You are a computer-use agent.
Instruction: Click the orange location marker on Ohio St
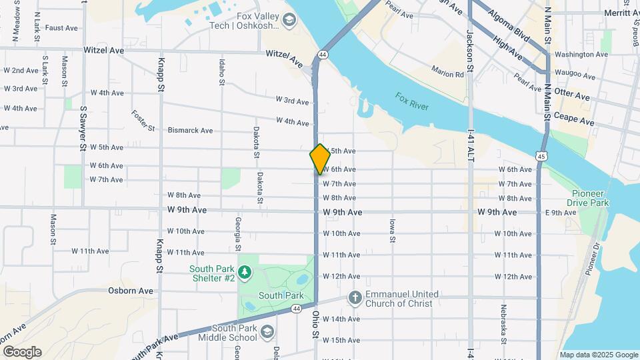tap(320, 159)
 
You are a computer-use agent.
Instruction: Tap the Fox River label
tap(411, 102)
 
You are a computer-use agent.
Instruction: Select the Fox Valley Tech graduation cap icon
tap(289, 20)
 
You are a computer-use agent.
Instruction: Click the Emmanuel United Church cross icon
tap(355, 298)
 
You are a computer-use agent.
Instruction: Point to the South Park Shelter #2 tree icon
tap(245, 272)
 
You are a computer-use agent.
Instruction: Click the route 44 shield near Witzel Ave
tap(323, 54)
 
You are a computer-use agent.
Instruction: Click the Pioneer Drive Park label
tap(588, 197)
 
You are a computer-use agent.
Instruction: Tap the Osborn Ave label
tap(131, 291)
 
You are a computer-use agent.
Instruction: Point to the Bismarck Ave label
tap(190, 131)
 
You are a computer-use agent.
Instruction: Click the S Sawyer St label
tap(83, 127)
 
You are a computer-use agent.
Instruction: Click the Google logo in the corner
tap(22, 352)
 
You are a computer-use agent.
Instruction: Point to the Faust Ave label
tap(62, 28)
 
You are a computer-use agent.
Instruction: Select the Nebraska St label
tap(505, 325)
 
